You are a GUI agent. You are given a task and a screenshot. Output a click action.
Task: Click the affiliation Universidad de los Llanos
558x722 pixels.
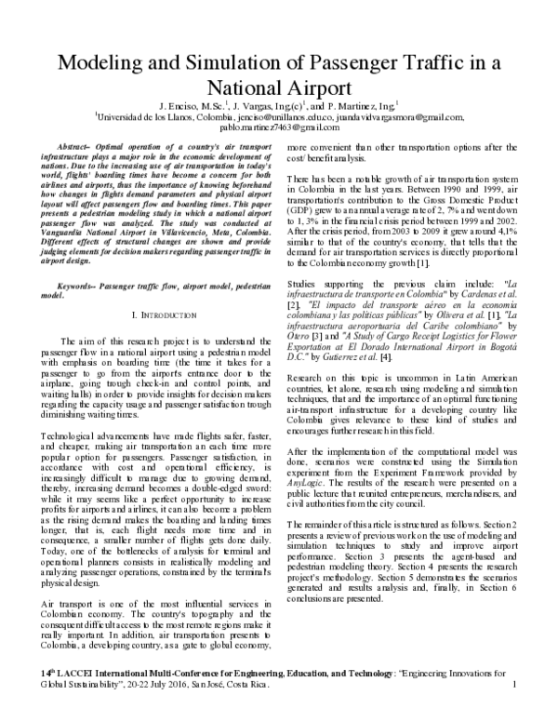point(149,117)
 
